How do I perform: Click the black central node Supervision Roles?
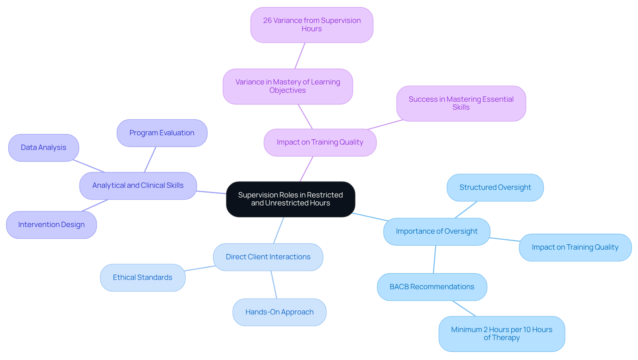coord(290,199)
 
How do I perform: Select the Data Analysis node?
coord(44,148)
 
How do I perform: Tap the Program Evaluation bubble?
coord(162,133)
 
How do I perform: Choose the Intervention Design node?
coord(52,225)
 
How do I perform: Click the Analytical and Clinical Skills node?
coord(138,185)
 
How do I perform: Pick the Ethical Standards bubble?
coord(143,278)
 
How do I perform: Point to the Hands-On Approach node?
coord(279,312)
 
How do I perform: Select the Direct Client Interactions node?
coord(268,257)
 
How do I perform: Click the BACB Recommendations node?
coord(432,287)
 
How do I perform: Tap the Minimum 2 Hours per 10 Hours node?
coord(502,334)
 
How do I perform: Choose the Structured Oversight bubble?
coord(495,187)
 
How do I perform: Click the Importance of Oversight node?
coord(437,231)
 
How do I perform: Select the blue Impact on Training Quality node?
coord(575,247)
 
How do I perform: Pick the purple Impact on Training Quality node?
coord(320,142)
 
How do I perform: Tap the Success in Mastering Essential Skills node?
coord(461,103)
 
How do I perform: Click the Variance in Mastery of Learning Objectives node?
coord(288,86)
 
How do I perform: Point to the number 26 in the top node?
coord(267,21)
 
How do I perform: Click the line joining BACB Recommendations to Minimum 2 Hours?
coord(464,308)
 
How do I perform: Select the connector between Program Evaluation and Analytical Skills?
coord(150,160)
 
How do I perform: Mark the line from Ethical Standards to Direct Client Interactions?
coord(200,268)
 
